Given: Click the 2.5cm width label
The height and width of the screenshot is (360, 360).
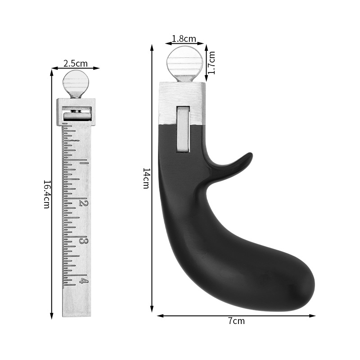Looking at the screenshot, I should (76, 63).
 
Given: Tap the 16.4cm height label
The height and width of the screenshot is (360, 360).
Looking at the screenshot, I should (46, 194).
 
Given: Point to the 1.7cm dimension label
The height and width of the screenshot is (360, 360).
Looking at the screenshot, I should (212, 62).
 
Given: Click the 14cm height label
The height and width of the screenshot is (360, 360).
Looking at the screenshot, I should (146, 179).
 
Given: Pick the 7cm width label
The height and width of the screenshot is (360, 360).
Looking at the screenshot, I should (236, 321).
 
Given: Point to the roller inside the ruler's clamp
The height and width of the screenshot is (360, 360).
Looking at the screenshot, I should (77, 116).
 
